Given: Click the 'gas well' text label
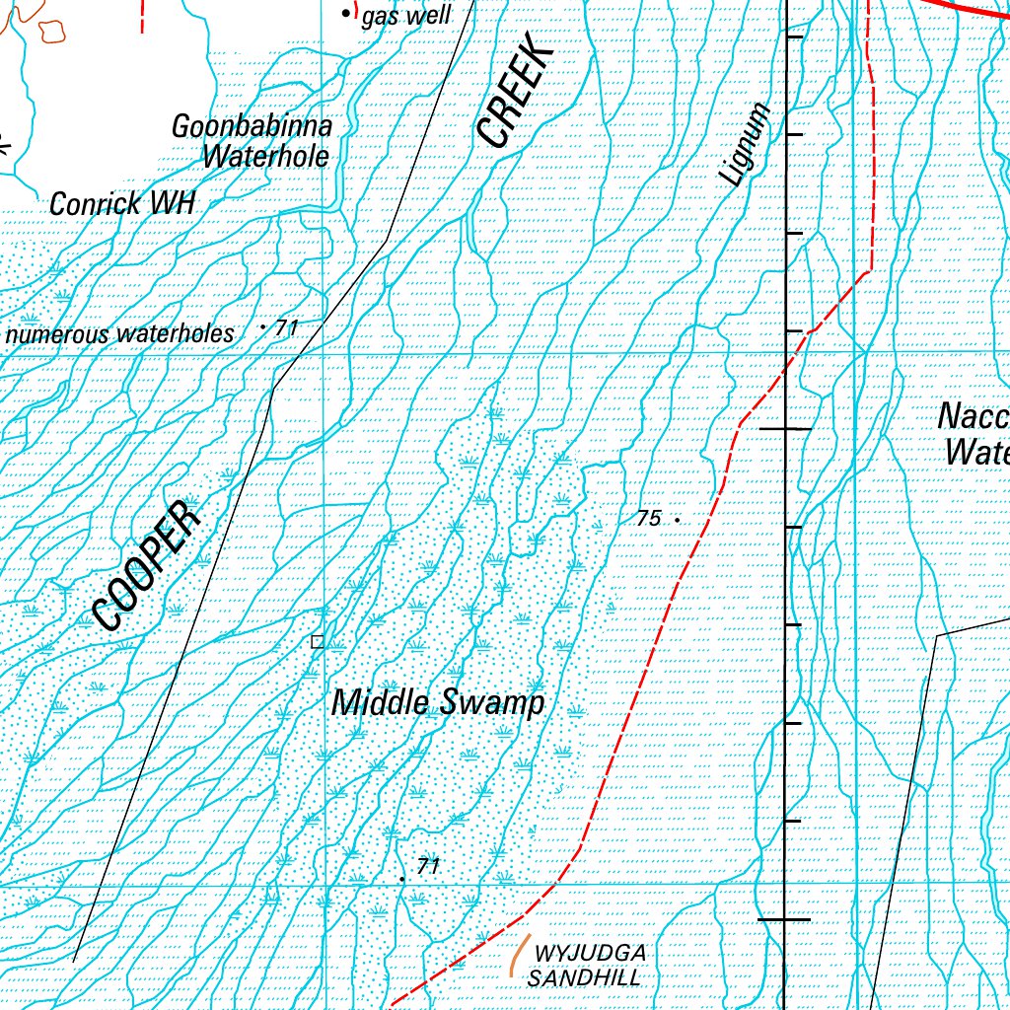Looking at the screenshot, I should pyautogui.click(x=405, y=17).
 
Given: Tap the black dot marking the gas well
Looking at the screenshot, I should pyautogui.click(x=345, y=14).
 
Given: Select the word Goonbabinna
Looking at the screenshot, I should pyautogui.click(x=252, y=127).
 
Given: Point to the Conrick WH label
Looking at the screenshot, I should pyautogui.click(x=122, y=204).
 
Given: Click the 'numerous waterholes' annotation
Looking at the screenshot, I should pyautogui.click(x=120, y=334).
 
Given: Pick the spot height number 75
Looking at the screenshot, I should pyautogui.click(x=648, y=518).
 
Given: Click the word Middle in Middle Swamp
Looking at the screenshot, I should pyautogui.click(x=381, y=703).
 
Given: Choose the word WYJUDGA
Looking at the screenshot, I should pyautogui.click(x=590, y=954).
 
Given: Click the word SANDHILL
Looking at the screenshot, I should pyautogui.click(x=584, y=978).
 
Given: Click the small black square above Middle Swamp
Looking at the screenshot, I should pyautogui.click(x=317, y=642).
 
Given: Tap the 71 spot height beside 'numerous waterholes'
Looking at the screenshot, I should pyautogui.click(x=286, y=327).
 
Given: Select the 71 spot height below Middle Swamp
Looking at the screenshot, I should pyautogui.click(x=427, y=867).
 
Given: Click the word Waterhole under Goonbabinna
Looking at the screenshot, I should pyautogui.click(x=265, y=156).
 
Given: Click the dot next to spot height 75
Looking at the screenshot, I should pyautogui.click(x=678, y=518).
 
